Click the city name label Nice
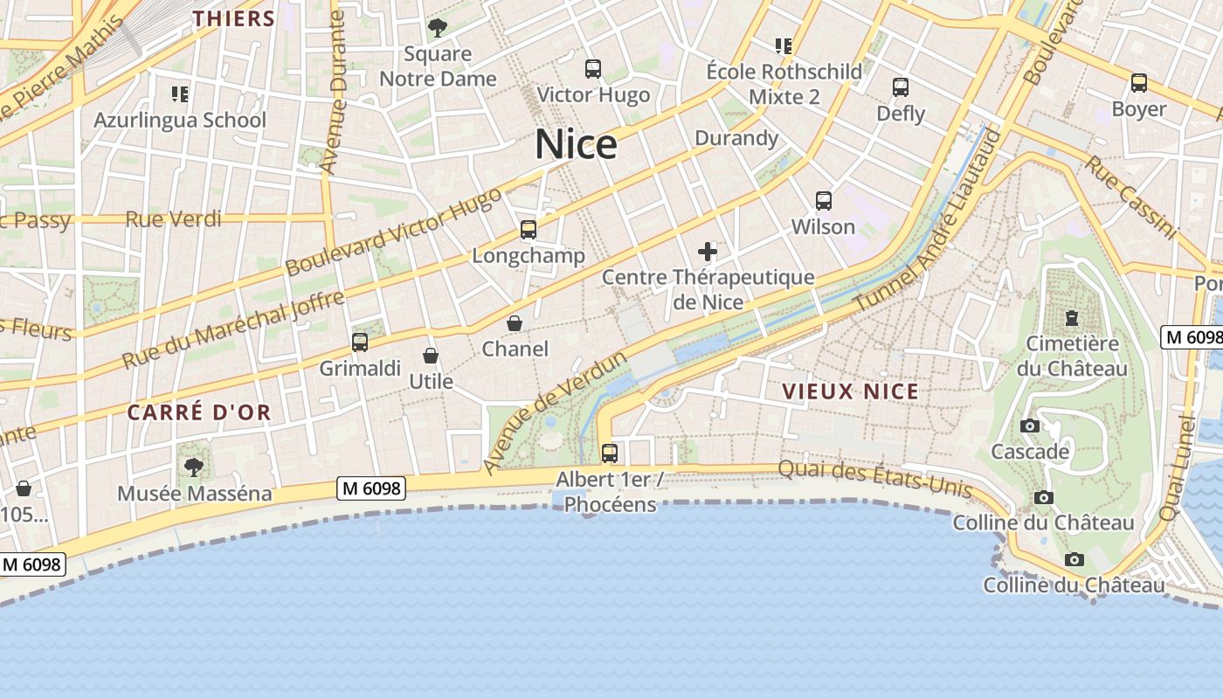(x=576, y=144)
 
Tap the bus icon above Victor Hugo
(x=593, y=68)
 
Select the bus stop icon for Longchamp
(x=529, y=230)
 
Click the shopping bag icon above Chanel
(x=515, y=323)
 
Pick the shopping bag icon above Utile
(x=431, y=356)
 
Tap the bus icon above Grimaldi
(x=359, y=342)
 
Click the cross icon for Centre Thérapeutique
(x=708, y=253)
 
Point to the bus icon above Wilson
(x=823, y=201)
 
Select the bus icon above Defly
(x=901, y=87)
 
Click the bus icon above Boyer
(x=1139, y=83)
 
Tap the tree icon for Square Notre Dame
(x=438, y=28)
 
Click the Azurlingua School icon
(x=180, y=93)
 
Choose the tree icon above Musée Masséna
(x=194, y=467)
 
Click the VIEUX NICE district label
(x=850, y=391)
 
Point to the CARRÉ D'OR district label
(x=199, y=412)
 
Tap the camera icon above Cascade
(x=1030, y=426)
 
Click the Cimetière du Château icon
(x=1072, y=317)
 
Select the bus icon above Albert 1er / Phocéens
(x=610, y=453)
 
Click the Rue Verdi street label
(x=174, y=218)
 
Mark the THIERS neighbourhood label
(x=233, y=18)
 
